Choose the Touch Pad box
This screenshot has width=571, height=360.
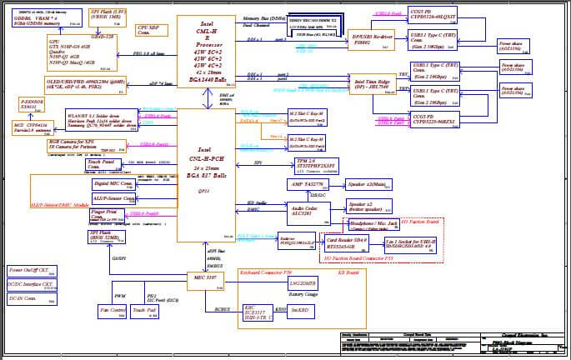tap(143, 312)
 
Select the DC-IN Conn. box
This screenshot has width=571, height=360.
tap(32, 298)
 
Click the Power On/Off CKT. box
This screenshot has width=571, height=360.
tap(32, 272)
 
